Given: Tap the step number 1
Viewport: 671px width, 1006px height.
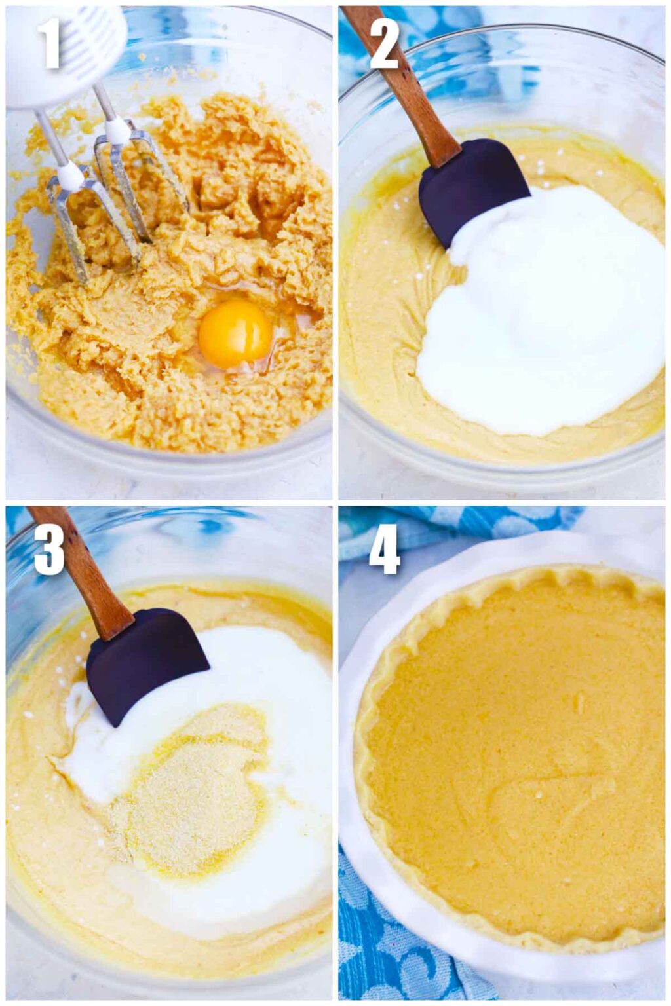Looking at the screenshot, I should [50, 44].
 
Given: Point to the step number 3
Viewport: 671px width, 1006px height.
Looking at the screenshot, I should [49, 549].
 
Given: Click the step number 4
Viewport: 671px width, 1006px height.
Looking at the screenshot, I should [384, 549].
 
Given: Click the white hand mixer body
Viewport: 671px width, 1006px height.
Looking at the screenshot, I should [66, 52].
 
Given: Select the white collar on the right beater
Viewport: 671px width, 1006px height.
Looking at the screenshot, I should [119, 131].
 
